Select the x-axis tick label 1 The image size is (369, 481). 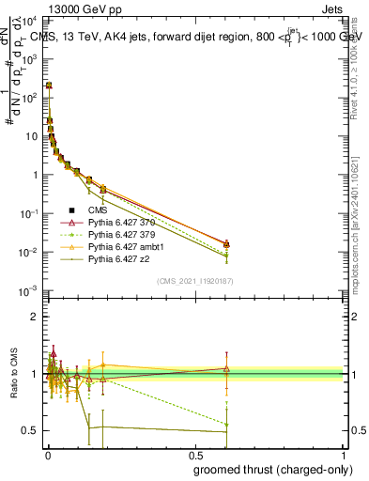coord(344,456)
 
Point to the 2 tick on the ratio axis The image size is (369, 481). coord(38,317)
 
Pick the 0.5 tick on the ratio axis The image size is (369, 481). coord(33,430)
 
